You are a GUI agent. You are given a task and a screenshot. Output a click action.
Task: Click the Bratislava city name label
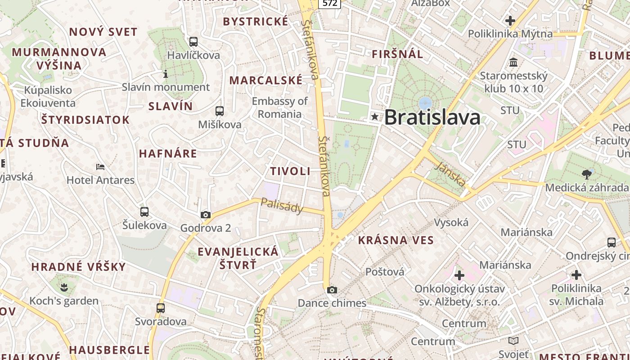coord(432,117)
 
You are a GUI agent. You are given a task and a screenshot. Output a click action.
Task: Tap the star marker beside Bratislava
coord(374,117)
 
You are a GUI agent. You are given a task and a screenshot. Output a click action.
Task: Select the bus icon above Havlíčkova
coord(193,42)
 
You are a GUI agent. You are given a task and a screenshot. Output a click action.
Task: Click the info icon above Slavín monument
coord(166,74)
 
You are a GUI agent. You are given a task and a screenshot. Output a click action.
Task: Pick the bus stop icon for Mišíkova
coord(220,111)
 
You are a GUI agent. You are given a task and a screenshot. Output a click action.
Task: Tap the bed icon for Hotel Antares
coord(100,167)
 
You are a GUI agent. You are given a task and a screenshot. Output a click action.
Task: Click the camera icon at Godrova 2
coord(206,215)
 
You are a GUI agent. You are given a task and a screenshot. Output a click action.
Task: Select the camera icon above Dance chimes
coord(332,290)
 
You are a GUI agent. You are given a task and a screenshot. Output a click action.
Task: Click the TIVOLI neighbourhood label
coord(290,171)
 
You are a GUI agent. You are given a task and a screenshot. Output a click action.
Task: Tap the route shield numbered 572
coord(330,4)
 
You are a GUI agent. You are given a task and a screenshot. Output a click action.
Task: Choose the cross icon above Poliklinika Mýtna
coord(510,21)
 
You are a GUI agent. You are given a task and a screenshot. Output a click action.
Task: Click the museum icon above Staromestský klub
coord(513,62)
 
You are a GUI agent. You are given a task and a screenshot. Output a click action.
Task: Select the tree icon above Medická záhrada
coord(586,174)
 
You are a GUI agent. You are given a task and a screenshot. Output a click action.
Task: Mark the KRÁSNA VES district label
coord(396,240)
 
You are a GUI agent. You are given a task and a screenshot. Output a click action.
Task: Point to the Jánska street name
coord(450,174)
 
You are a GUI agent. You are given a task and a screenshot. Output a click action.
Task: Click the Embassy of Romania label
coord(280,108)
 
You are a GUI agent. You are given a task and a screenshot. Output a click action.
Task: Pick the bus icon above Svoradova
coord(161,308)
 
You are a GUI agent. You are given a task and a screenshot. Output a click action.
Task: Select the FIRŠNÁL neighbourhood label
coord(397,54)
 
